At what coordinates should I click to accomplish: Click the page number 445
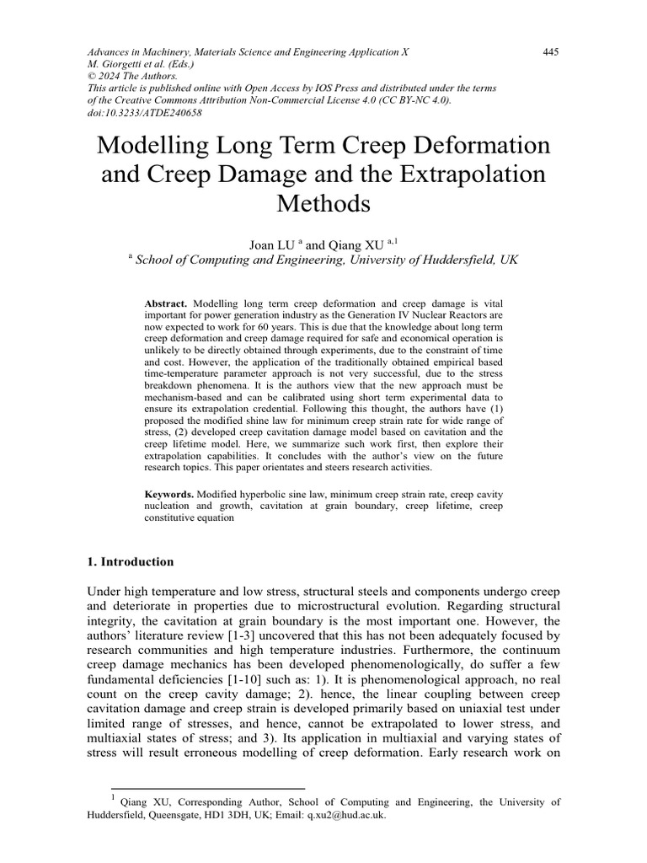pyautogui.click(x=551, y=52)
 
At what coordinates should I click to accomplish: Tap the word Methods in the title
pyautogui.click(x=323, y=203)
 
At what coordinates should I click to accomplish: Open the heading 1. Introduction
pyautogui.click(x=131, y=561)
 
